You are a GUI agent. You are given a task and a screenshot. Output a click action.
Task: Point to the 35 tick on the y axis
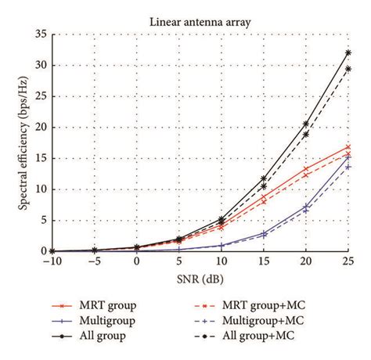(x=41, y=34)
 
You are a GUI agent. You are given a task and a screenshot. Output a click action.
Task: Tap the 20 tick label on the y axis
(x=41, y=127)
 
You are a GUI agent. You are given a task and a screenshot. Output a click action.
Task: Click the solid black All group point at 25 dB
(x=348, y=52)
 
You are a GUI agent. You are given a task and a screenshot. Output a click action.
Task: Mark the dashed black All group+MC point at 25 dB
(x=348, y=69)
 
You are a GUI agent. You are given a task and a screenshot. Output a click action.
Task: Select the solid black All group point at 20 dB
(x=305, y=124)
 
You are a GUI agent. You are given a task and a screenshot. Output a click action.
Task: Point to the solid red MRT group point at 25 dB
(x=348, y=146)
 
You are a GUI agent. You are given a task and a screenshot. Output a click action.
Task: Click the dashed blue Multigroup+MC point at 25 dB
(x=348, y=167)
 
